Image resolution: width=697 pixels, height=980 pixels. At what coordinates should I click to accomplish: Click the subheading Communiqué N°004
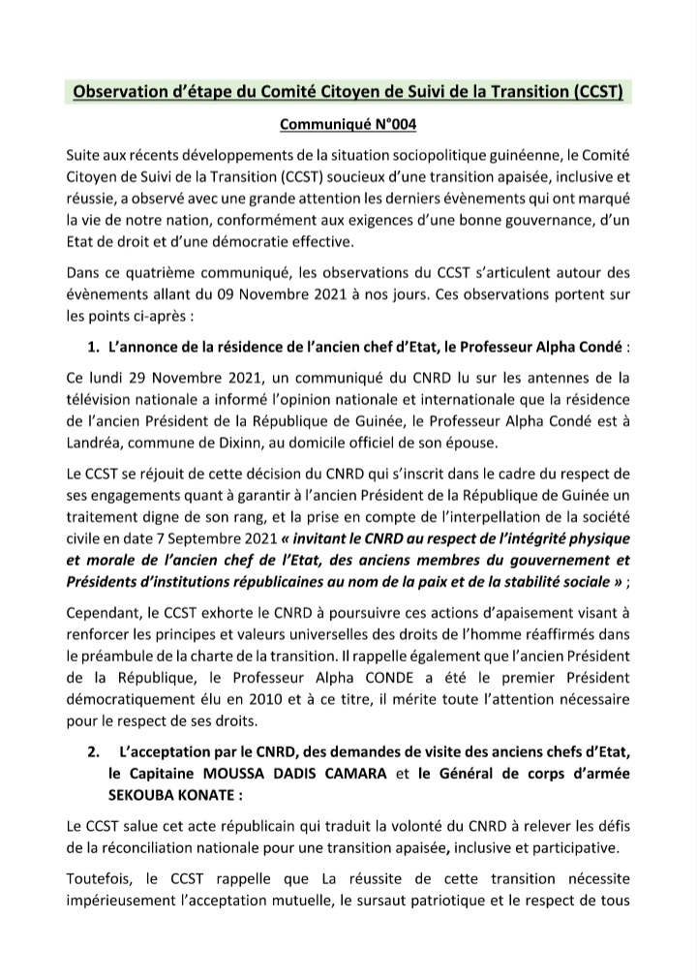pos(348,124)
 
